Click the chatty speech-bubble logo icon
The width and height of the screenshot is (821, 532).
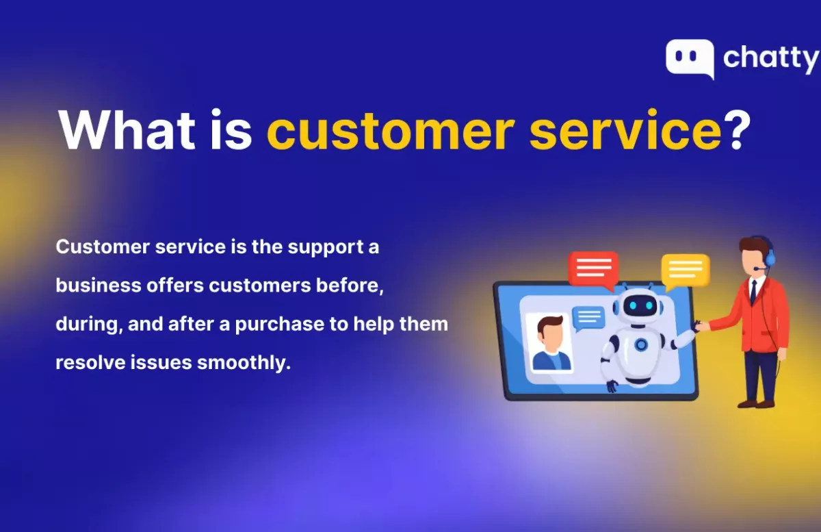click(x=690, y=58)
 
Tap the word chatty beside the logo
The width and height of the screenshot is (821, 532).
click(x=771, y=60)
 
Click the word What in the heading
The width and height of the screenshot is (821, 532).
click(x=127, y=130)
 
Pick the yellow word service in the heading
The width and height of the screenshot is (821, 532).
click(x=625, y=130)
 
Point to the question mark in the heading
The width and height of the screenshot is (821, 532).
click(x=737, y=129)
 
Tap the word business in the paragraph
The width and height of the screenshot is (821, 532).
click(x=99, y=285)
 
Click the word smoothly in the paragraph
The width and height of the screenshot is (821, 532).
click(x=244, y=363)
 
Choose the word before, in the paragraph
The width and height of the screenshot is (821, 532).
click(x=350, y=286)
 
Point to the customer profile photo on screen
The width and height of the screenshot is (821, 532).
click(x=549, y=343)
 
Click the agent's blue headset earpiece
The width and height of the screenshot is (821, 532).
click(x=771, y=257)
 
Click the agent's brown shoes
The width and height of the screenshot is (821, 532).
click(x=756, y=403)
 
